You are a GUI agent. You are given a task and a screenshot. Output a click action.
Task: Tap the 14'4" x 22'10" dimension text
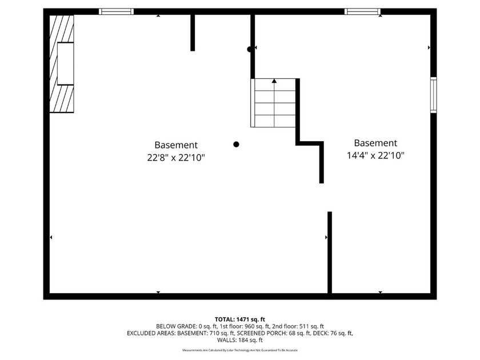(x=375, y=155)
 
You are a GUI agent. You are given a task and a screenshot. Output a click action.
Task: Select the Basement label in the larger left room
(x=176, y=145)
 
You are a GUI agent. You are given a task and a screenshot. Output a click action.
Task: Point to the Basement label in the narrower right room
(x=375, y=143)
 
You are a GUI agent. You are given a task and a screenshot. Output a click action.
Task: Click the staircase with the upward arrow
(x=274, y=103)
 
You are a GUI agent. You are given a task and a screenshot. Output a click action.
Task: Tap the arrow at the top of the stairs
(x=274, y=81)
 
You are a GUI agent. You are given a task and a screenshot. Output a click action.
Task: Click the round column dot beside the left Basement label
(x=236, y=145)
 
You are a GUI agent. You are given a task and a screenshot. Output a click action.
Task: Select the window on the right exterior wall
(x=433, y=95)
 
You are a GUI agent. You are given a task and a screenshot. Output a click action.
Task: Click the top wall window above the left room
(x=117, y=11)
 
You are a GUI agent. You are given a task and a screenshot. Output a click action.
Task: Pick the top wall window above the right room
(x=363, y=11)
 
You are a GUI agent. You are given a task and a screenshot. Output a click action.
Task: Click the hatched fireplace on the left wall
(x=62, y=63)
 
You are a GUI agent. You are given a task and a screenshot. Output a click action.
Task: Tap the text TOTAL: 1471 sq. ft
(x=239, y=319)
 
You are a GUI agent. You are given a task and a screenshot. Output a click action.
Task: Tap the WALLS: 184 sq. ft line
(x=239, y=339)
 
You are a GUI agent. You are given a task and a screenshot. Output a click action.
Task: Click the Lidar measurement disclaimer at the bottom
(x=239, y=350)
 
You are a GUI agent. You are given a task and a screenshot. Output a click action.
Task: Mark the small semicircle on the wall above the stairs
(x=250, y=49)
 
